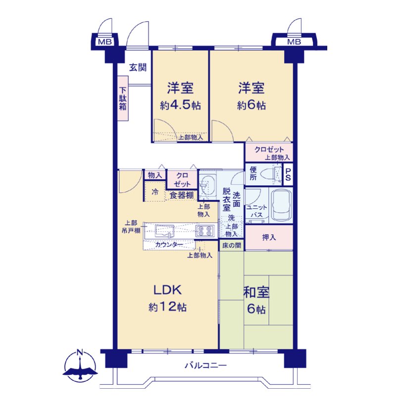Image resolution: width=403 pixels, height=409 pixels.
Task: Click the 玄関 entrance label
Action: click(x=138, y=68)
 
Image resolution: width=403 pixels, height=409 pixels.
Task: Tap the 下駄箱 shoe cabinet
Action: click(x=123, y=98)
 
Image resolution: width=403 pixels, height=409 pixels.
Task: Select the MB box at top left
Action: click(x=105, y=42)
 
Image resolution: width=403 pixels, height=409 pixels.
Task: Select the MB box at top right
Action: click(x=294, y=42)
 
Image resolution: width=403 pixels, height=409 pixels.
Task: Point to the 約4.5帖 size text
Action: click(x=181, y=105)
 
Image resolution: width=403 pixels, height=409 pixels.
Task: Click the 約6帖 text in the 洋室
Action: click(x=251, y=105)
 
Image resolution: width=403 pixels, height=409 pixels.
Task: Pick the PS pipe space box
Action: click(x=288, y=174)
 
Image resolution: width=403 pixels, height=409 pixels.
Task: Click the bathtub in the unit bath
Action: click(x=281, y=205)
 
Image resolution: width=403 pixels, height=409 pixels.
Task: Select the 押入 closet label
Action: click(x=269, y=237)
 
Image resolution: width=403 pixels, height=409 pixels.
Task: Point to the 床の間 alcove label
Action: click(x=232, y=245)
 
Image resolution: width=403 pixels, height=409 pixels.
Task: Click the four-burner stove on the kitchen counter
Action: click(x=205, y=230)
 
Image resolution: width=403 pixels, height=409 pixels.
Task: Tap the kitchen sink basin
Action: click(x=164, y=230)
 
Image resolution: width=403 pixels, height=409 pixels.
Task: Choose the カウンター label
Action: click(x=169, y=244)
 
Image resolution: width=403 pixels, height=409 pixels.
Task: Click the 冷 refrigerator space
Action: click(x=155, y=192)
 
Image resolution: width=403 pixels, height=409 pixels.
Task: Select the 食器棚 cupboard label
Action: click(x=182, y=195)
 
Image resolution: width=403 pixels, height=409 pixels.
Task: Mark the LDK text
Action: click(x=167, y=290)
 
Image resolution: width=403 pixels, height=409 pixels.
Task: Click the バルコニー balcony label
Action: click(x=205, y=365)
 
